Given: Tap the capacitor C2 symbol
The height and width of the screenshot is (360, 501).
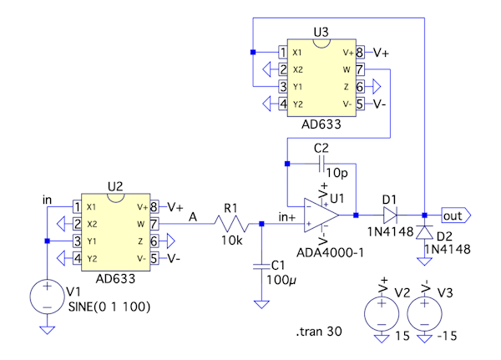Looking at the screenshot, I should [x=321, y=162].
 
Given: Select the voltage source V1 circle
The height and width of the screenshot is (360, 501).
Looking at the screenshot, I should [x=48, y=297].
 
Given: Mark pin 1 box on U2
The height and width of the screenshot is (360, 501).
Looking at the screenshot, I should [x=77, y=207].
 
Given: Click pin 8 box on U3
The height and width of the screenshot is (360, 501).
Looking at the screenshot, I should [x=360, y=52].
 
